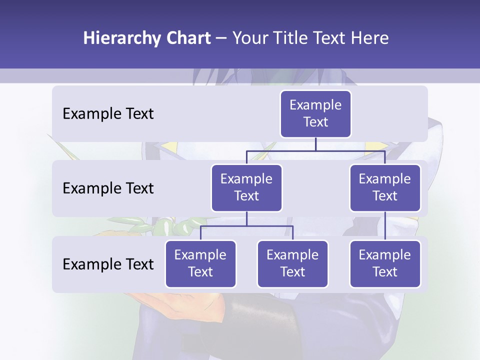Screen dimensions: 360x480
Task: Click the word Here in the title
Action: click(370, 38)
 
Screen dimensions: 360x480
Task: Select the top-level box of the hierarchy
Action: click(315, 114)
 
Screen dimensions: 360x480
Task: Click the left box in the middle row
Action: click(246, 187)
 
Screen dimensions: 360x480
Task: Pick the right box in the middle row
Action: click(385, 187)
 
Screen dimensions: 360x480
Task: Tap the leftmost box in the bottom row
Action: click(200, 263)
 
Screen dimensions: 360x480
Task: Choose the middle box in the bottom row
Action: click(292, 263)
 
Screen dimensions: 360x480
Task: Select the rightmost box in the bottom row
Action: click(385, 263)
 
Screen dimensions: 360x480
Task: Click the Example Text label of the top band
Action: click(108, 114)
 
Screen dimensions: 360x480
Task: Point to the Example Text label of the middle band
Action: click(108, 188)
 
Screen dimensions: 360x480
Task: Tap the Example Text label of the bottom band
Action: click(108, 264)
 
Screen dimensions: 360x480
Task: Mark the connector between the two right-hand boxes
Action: click(385, 226)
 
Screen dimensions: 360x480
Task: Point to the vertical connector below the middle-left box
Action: click(246, 219)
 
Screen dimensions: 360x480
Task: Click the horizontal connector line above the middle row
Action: click(315, 150)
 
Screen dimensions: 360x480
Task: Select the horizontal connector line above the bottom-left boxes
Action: click(246, 226)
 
